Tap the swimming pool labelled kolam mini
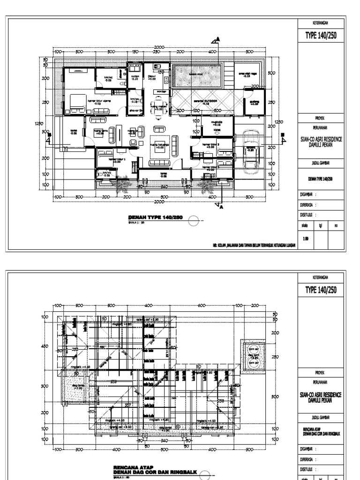[x=197, y=75]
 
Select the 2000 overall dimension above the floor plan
[x=159, y=47]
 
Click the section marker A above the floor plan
[x=215, y=40]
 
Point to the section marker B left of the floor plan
[x=49, y=135]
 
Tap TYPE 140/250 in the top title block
[x=321, y=36]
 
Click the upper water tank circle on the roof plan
[x=254, y=348]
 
